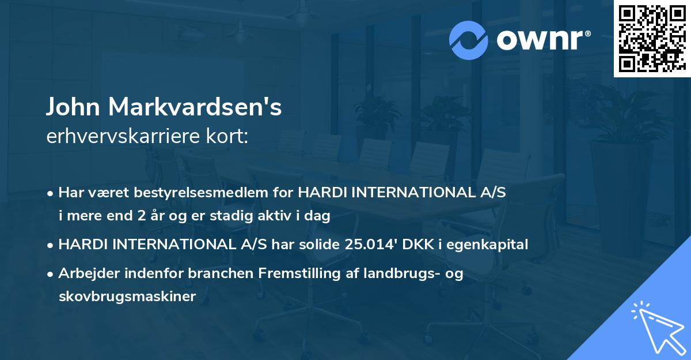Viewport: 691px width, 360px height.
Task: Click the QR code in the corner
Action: (652, 39)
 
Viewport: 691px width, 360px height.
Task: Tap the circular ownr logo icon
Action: (468, 40)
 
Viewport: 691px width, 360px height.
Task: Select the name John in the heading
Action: (73, 107)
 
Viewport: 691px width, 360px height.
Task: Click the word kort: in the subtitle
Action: (229, 137)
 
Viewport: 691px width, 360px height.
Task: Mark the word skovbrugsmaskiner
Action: (127, 297)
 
